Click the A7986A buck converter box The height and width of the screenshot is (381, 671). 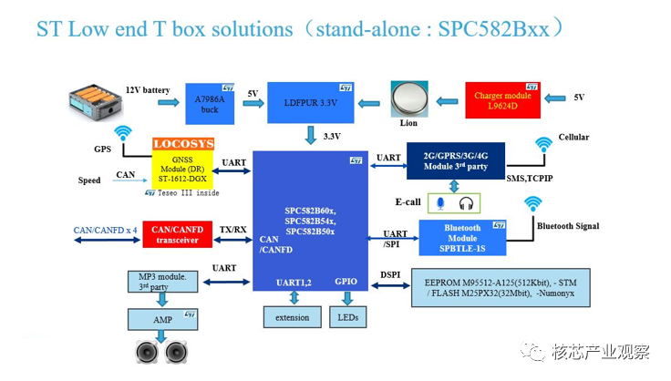pyautogui.click(x=210, y=104)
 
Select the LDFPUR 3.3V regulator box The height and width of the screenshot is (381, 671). pyautogui.click(x=311, y=103)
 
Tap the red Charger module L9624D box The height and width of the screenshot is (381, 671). pyautogui.click(x=503, y=100)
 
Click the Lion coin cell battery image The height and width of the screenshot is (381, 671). pyautogui.click(x=409, y=98)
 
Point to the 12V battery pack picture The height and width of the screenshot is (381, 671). pyautogui.click(x=96, y=102)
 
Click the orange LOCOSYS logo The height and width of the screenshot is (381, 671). pyautogui.click(x=183, y=144)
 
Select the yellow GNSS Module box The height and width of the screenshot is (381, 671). pyautogui.click(x=182, y=170)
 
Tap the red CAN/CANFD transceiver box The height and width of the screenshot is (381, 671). pyautogui.click(x=177, y=234)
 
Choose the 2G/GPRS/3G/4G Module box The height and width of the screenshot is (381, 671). pyautogui.click(x=456, y=160)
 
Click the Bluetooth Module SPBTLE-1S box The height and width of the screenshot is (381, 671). pyautogui.click(x=462, y=238)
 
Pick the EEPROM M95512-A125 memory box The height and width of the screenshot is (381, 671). pyautogui.click(x=501, y=288)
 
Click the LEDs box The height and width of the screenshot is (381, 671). pyautogui.click(x=348, y=317)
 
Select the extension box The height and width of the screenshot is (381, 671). pyautogui.click(x=293, y=317)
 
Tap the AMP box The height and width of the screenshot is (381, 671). pyautogui.click(x=162, y=320)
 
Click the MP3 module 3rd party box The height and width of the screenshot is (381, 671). pyautogui.click(x=162, y=282)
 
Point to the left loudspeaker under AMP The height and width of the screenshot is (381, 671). pyautogui.click(x=147, y=352)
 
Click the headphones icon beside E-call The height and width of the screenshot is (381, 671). pyautogui.click(x=466, y=203)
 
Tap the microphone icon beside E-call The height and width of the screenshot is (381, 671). pyautogui.click(x=440, y=203)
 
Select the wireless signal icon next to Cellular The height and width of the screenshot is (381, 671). pyautogui.click(x=543, y=145)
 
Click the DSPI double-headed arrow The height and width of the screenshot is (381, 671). pyautogui.click(x=390, y=285)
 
